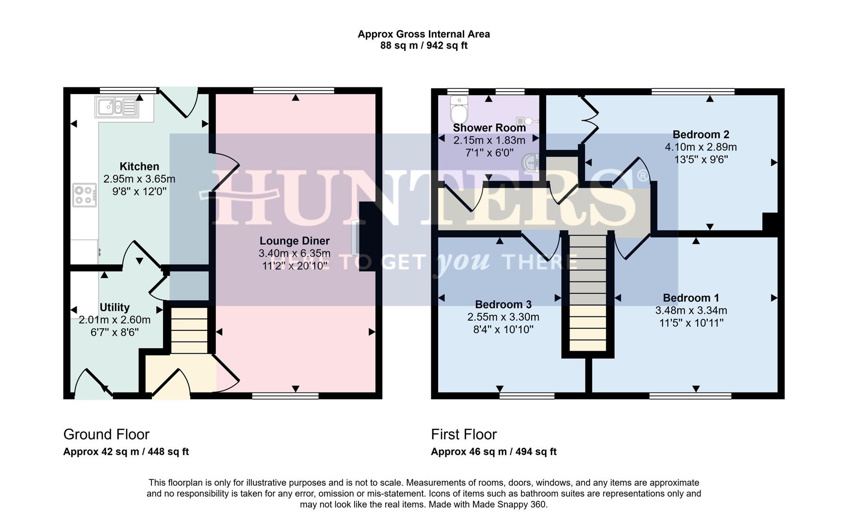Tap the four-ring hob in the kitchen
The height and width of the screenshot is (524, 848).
84,195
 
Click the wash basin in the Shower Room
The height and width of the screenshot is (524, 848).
531,163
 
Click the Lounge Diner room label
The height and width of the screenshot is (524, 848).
294,241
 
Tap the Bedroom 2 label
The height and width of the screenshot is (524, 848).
701,134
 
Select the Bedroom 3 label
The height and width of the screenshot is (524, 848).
503,304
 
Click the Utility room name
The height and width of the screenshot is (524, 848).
114,307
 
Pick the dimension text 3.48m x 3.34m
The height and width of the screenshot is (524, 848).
691,311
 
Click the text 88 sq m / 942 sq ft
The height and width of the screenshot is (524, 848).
424,46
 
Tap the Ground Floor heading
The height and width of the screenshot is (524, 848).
106,434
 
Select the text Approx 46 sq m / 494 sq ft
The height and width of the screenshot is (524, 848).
493,452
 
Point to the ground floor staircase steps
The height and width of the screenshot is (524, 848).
189,330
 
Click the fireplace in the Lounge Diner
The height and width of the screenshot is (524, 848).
357,238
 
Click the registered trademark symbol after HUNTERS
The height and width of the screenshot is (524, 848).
642,176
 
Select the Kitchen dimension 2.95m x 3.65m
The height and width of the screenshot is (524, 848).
139,179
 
